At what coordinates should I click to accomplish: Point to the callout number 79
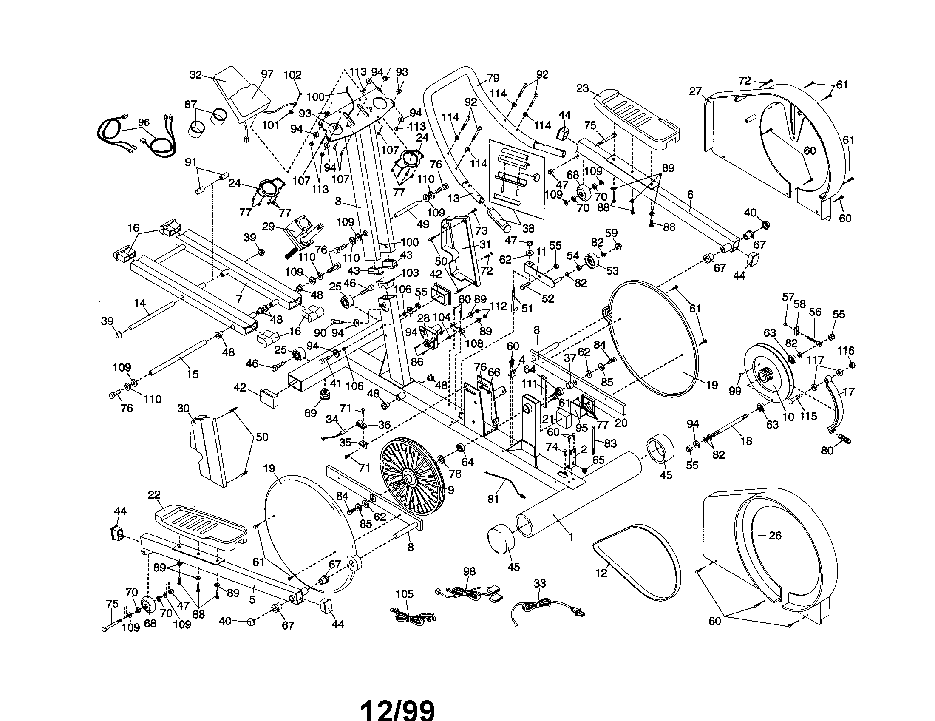click(x=493, y=78)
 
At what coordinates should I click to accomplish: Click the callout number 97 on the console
click(x=267, y=74)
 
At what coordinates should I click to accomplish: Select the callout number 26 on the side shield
click(x=775, y=535)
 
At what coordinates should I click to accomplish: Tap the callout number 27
click(x=696, y=91)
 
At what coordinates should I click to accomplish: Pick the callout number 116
click(x=846, y=351)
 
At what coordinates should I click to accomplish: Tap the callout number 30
click(x=183, y=409)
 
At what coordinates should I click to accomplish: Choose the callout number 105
click(x=405, y=594)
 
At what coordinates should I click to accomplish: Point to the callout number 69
click(x=310, y=413)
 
